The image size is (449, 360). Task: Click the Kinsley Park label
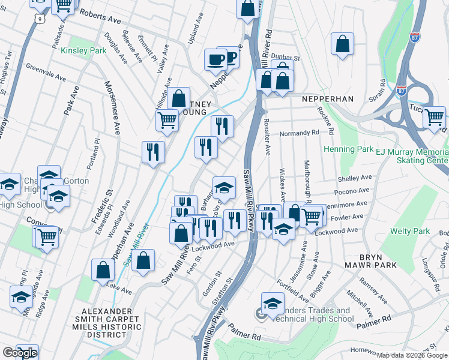coord(83,50)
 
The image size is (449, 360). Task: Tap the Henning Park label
coord(348,149)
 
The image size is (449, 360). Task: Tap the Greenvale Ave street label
coord(46,74)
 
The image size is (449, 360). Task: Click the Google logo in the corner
coord(20,353)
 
